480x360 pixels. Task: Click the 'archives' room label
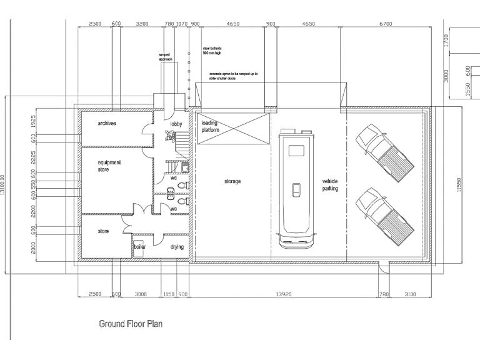point(107,123)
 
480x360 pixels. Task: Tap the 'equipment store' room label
point(109,166)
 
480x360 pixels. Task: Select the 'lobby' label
point(176,124)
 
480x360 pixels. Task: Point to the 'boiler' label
point(139,247)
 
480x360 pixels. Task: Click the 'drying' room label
point(177,247)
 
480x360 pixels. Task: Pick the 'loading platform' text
point(211,127)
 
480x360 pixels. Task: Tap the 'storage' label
point(232,181)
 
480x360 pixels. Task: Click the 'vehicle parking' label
point(330,184)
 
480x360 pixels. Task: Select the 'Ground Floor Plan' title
point(131,324)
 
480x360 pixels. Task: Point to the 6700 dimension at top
point(386,24)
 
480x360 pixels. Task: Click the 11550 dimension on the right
point(459,184)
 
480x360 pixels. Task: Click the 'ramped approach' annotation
point(165,57)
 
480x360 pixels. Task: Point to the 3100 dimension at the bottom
point(410,293)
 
